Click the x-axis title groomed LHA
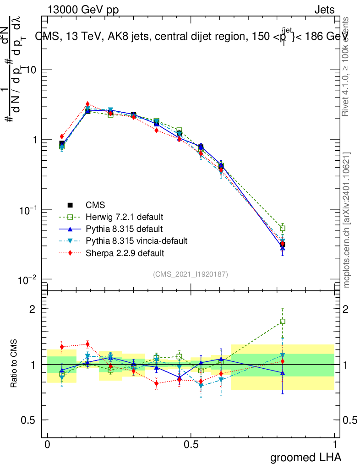[305, 458]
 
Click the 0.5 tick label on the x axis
[191, 444]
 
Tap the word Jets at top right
[324, 10]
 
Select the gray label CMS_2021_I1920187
[191, 274]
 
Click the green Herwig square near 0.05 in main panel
[62, 147]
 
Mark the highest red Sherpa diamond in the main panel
[87, 104]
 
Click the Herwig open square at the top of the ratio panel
[283, 322]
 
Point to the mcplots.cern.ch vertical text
[347, 220]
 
